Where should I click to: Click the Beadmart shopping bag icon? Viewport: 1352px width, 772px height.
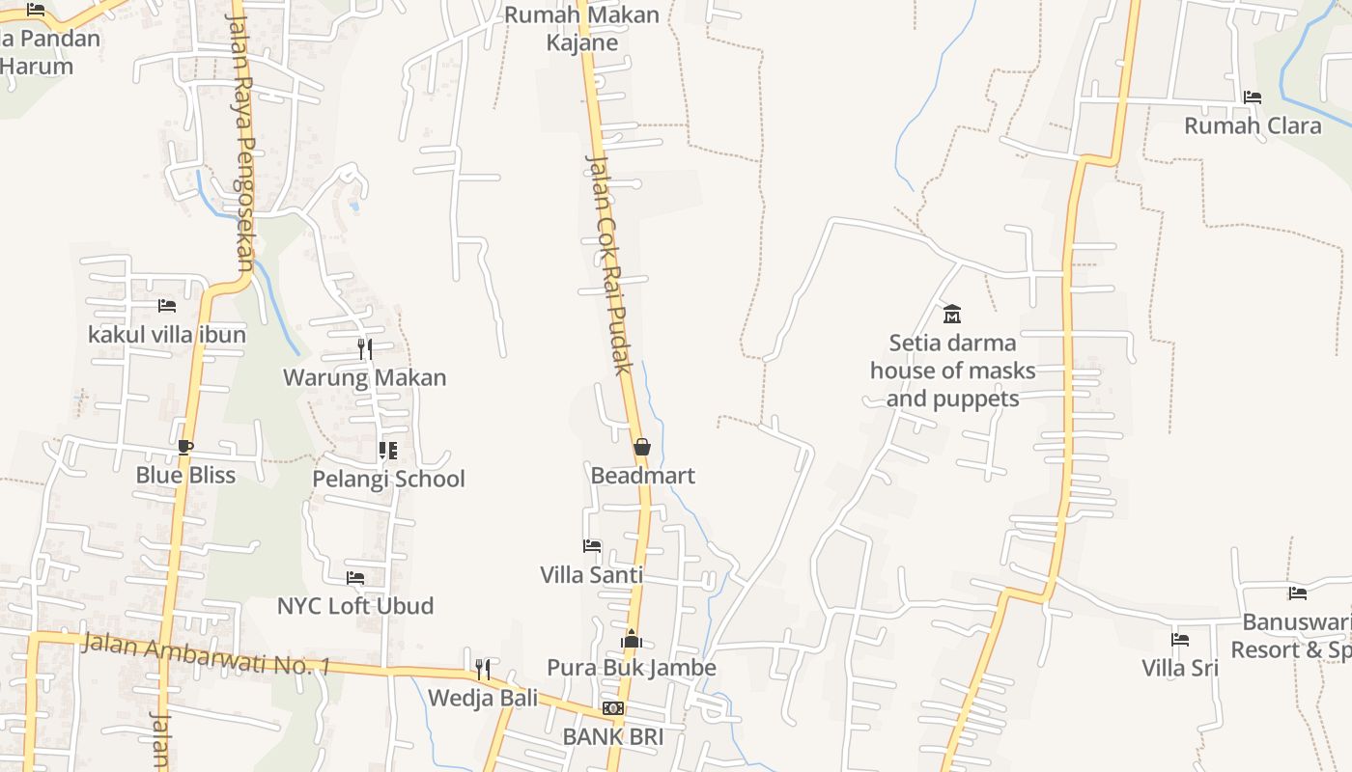641,447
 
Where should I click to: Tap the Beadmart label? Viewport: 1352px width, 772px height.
642,476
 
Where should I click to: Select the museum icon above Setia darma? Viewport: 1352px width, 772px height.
952,314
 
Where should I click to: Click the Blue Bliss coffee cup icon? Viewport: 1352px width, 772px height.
185,447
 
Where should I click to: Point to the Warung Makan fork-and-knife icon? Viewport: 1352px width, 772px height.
365,348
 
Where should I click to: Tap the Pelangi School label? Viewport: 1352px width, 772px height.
388,479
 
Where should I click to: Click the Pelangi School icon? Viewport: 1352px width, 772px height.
388,451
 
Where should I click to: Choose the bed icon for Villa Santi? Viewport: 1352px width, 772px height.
592,546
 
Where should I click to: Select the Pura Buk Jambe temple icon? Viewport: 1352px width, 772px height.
632,639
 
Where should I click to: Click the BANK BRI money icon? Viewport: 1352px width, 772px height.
613,708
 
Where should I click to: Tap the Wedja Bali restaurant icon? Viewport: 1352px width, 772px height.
483,669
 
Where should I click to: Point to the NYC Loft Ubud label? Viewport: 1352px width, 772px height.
355,606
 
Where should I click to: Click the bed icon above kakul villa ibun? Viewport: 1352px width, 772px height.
167,306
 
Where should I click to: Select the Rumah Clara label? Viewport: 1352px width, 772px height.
1253,126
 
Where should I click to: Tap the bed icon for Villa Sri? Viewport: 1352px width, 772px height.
1180,639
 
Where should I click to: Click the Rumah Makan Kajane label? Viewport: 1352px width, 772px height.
581,29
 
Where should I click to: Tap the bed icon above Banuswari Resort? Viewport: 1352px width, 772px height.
1298,593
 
